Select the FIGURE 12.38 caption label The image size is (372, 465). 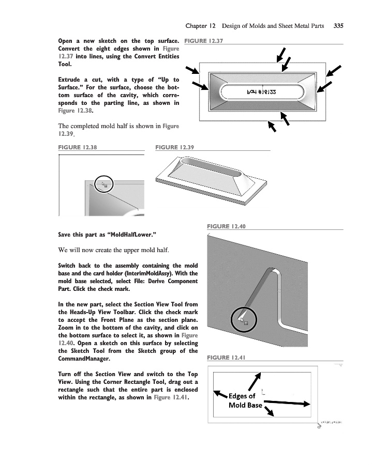click(78, 147)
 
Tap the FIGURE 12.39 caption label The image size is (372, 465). click(174, 147)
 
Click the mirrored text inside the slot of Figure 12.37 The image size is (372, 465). click(262, 92)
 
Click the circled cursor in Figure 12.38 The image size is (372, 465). click(105, 184)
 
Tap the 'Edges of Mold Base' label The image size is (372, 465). click(245, 400)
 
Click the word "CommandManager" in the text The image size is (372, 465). click(85, 359)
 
